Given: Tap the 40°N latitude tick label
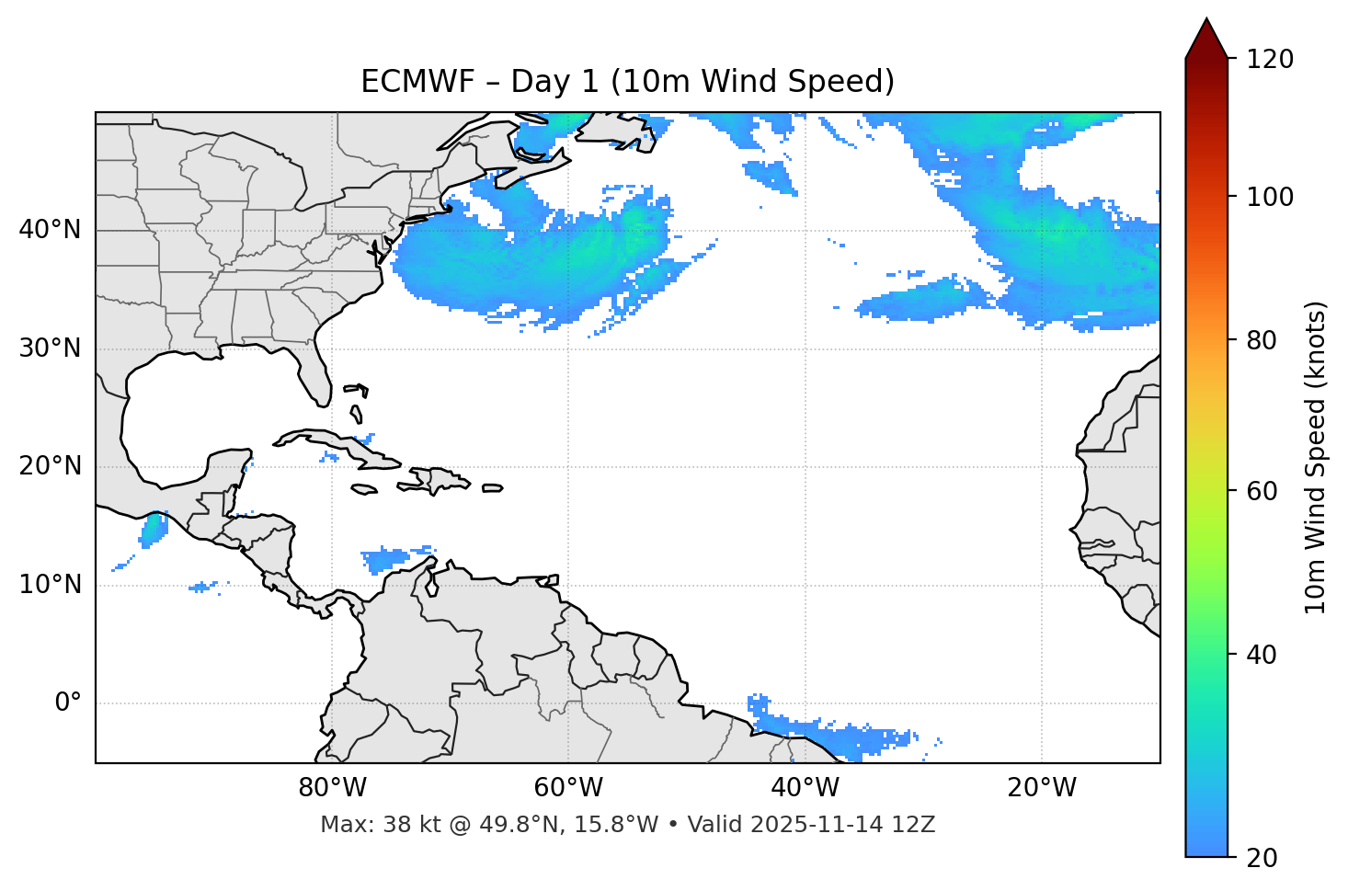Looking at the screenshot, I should (x=50, y=230).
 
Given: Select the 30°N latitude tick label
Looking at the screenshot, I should (x=50, y=348).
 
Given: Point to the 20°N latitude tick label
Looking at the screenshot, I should (x=50, y=466).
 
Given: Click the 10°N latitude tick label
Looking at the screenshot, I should (x=50, y=585).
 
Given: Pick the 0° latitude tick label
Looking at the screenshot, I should (x=68, y=703).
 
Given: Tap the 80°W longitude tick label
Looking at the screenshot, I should (x=332, y=788).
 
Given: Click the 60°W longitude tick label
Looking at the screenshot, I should (x=568, y=788).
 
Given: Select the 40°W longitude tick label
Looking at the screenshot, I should (x=805, y=788).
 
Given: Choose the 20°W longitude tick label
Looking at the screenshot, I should (x=1041, y=788).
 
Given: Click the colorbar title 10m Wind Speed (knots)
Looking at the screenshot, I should (x=1316, y=457).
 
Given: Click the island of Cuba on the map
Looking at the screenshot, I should (x=342, y=443).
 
